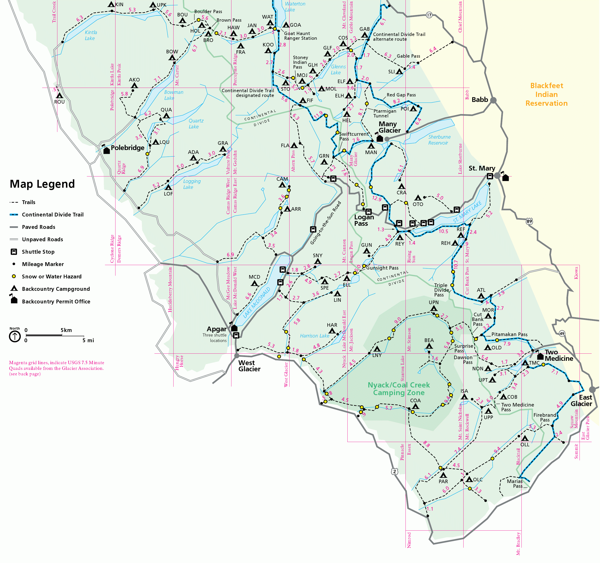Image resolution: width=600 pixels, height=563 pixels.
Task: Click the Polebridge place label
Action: pyautogui.click(x=127, y=148)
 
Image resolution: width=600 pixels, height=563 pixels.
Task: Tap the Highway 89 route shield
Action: pyautogui.click(x=529, y=221)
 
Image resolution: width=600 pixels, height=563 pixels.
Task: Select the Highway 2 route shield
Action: pyautogui.click(x=395, y=472)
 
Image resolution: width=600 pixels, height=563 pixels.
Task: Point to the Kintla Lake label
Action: pyautogui.click(x=90, y=35)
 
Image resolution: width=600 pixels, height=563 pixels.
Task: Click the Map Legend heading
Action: pyautogui.click(x=42, y=184)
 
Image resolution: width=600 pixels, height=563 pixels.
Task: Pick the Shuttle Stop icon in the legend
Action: pyautogui.click(x=14, y=252)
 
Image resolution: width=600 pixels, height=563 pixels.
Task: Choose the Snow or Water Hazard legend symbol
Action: pyautogui.click(x=14, y=276)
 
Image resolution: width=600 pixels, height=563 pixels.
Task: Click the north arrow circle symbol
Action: pyautogui.click(x=15, y=337)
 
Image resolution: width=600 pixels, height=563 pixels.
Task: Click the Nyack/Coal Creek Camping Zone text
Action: pyautogui.click(x=399, y=389)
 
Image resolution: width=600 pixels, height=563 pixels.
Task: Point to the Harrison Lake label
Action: pyautogui.click(x=315, y=336)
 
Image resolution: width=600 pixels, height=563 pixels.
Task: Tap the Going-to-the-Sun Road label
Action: pyautogui.click(x=326, y=223)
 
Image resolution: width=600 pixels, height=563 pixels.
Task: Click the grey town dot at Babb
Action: pyautogui.click(x=493, y=100)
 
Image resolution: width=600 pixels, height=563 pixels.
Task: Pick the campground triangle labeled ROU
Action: pyautogui.click(x=60, y=96)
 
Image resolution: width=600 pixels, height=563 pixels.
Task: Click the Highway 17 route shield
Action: pyautogui.click(x=429, y=15)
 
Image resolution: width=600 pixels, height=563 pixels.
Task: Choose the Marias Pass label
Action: pyautogui.click(x=514, y=484)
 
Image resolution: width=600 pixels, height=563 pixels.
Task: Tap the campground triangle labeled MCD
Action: pyautogui.click(x=255, y=283)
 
